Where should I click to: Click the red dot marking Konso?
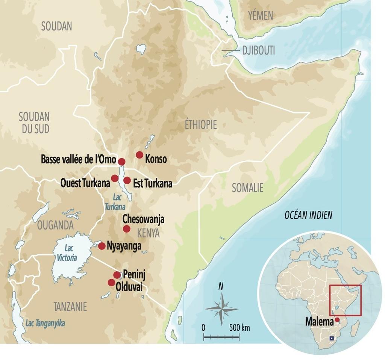pos(139,155)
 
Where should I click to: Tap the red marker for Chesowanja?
pos(127,229)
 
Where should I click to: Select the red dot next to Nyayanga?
pos(102,246)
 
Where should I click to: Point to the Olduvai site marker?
pos(111,283)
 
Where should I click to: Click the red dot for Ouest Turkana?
pos(115,178)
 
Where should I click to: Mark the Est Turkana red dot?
pos(127,180)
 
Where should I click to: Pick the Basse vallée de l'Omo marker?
pos(121,162)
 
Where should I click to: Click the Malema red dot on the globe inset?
pos(337,320)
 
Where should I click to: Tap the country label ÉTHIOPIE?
pos(201,125)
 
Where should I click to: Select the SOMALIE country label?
pos(247,188)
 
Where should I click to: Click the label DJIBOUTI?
pos(258,50)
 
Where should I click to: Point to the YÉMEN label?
pos(261,15)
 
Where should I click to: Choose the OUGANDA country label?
pos(55,225)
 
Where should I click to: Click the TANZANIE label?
pos(70,307)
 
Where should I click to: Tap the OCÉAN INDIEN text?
pos(308,215)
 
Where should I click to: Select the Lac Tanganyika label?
pos(45,323)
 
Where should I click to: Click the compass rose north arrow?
pos(221,297)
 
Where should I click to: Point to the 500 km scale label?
pos(239,327)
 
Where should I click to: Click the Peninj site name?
pos(134,274)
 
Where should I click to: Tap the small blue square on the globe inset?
pos(331,338)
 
